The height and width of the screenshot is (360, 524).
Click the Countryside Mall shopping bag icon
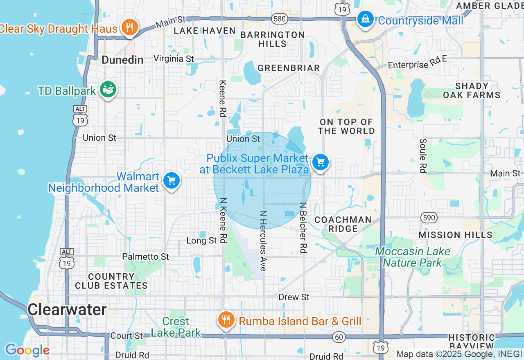(365, 19)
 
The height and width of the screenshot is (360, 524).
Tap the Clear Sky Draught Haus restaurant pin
(130, 27)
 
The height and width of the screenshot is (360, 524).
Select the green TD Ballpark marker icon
(108, 90)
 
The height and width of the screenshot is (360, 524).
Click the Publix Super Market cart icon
(320, 163)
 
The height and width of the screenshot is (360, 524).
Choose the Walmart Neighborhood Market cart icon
(172, 181)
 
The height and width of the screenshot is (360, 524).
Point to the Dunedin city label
(122, 60)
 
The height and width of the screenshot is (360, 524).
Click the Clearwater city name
(67, 310)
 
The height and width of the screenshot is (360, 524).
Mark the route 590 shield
(429, 217)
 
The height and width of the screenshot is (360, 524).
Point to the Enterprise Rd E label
(417, 63)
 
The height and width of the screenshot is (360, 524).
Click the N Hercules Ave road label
(263, 241)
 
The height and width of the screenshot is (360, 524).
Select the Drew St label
(294, 297)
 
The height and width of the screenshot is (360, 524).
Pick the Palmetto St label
(145, 256)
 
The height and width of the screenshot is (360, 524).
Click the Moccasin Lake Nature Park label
(412, 257)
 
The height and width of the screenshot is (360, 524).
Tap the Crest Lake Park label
(176, 327)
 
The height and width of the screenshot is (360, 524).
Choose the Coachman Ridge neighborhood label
(343, 224)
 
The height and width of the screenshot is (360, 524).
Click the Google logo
(27, 350)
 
